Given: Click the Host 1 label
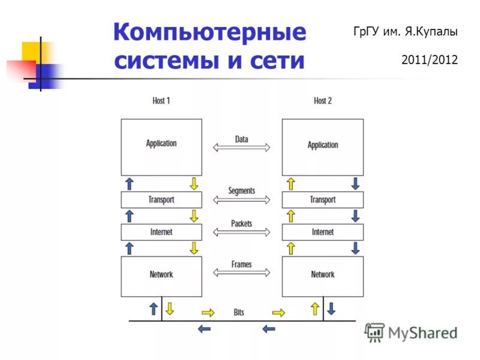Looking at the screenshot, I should [161, 101].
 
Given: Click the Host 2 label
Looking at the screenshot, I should [323, 101].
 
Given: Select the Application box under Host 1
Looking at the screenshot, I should [161, 146].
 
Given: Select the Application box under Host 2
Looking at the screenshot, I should [323, 146].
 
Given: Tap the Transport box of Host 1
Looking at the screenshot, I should [161, 200].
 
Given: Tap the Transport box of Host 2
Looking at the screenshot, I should [323, 200].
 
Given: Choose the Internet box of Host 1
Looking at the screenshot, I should [161, 232].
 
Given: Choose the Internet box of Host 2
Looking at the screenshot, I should [323, 232].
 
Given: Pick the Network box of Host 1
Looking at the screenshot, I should [161, 276].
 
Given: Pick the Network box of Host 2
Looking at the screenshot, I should [323, 276].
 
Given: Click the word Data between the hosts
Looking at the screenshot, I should [242, 139].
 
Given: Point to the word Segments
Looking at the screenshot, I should [242, 191].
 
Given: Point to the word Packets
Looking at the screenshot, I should [242, 224].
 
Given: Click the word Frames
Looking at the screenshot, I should [242, 264].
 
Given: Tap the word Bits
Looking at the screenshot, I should [239, 313].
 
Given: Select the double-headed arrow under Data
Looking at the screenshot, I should [242, 148].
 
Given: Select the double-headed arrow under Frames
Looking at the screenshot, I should [242, 272].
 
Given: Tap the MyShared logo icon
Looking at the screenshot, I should [374, 332].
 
